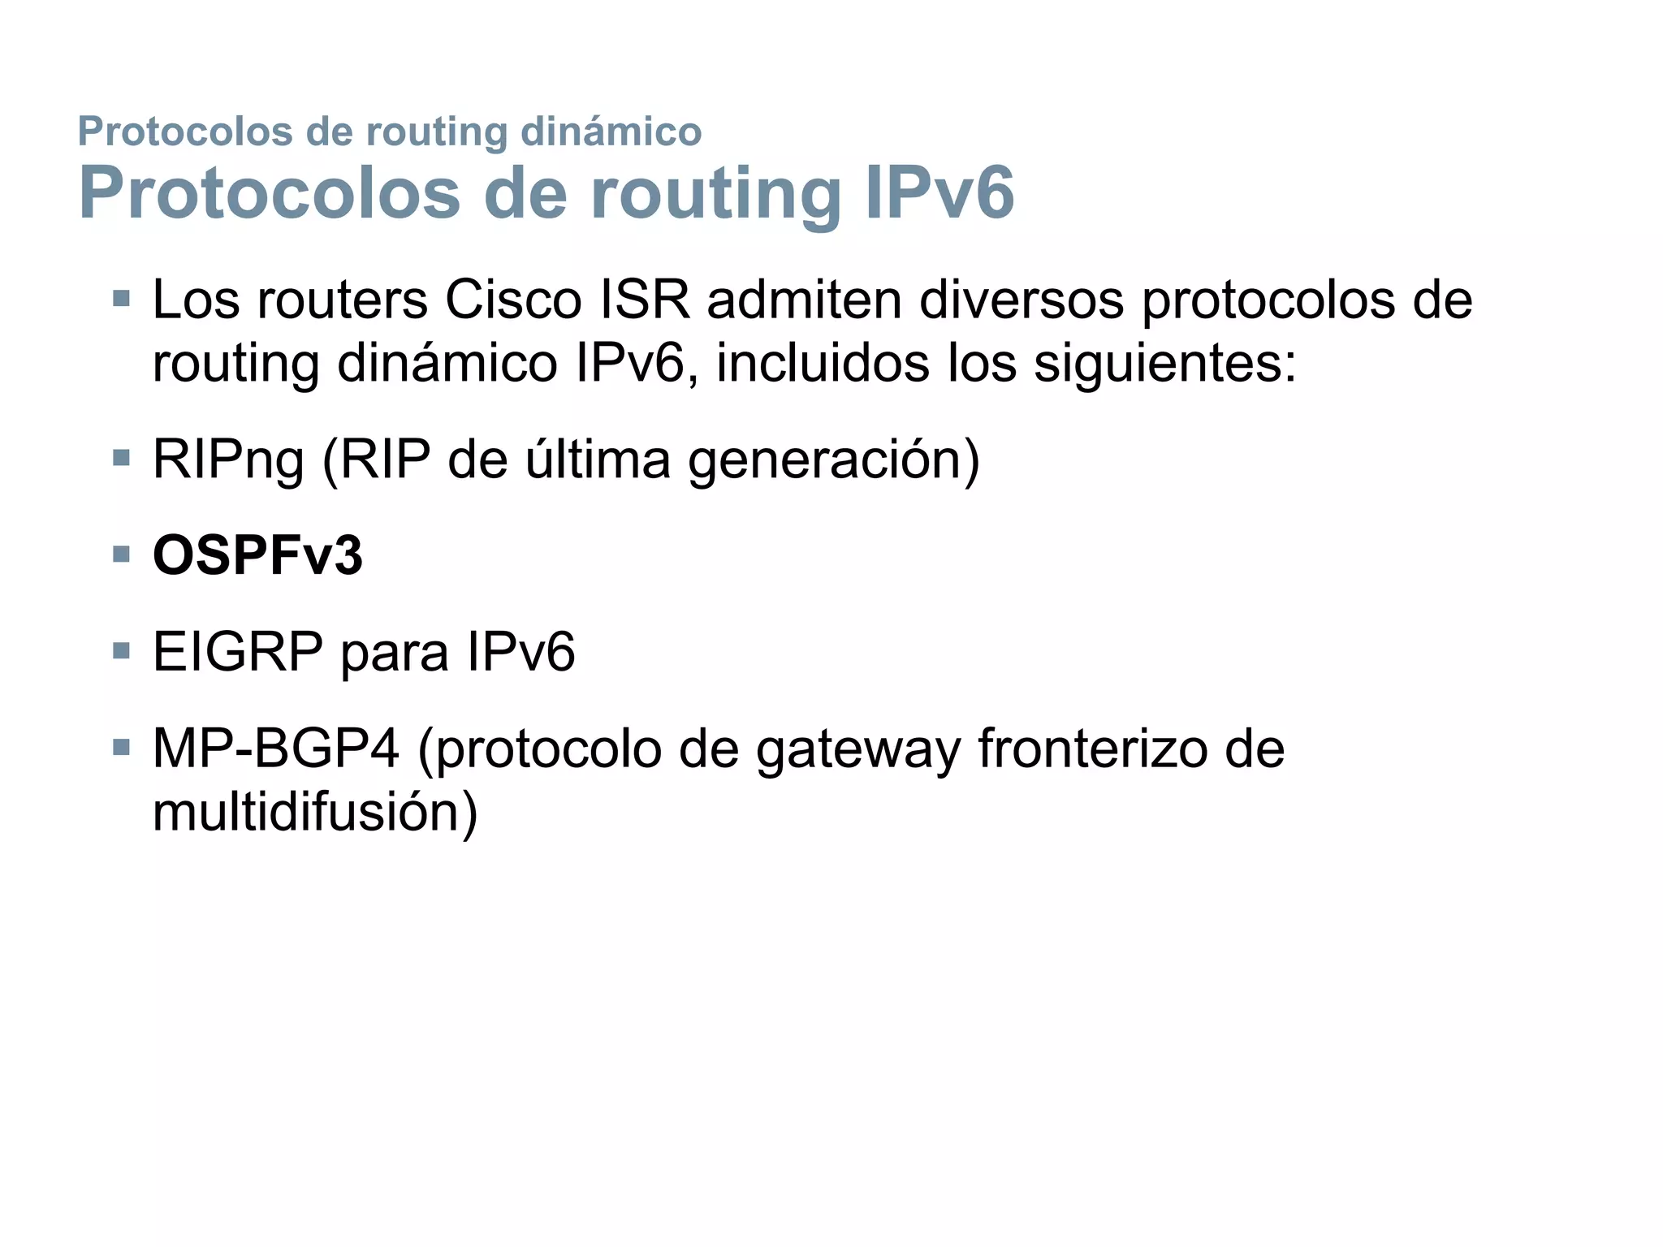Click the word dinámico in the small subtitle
tap(611, 132)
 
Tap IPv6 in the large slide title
tap(939, 193)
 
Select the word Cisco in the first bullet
tap(513, 300)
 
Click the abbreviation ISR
tap(645, 300)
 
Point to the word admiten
tap(804, 300)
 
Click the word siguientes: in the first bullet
tap(1165, 363)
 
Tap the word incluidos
tap(823, 363)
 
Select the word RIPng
tap(228, 460)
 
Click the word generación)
tap(834, 460)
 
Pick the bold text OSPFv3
tap(257, 556)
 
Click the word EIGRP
tap(238, 652)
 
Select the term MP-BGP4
tap(276, 748)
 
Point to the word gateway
tap(858, 749)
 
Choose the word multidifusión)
tap(315, 812)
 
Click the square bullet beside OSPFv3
tap(122, 556)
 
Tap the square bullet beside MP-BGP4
tap(122, 748)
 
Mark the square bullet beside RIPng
tap(122, 459)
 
